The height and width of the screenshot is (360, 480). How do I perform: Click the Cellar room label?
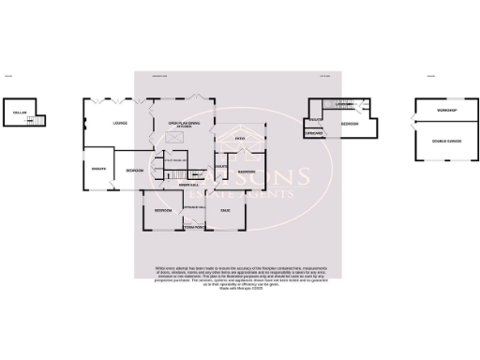coord(19,114)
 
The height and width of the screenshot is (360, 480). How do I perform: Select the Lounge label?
coord(119,123)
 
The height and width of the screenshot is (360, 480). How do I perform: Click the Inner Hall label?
coord(187,185)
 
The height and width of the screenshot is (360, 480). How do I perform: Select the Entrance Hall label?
coord(194,207)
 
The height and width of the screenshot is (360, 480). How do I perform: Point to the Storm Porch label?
coord(194,226)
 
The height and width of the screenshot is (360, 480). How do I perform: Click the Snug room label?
coord(226,211)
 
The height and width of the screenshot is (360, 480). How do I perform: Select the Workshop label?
coord(445,112)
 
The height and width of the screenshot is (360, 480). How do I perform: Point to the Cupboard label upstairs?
coord(314,133)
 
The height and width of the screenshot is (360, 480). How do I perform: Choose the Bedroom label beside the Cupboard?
coord(350,124)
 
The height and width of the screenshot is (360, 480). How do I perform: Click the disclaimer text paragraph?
coord(239,278)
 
